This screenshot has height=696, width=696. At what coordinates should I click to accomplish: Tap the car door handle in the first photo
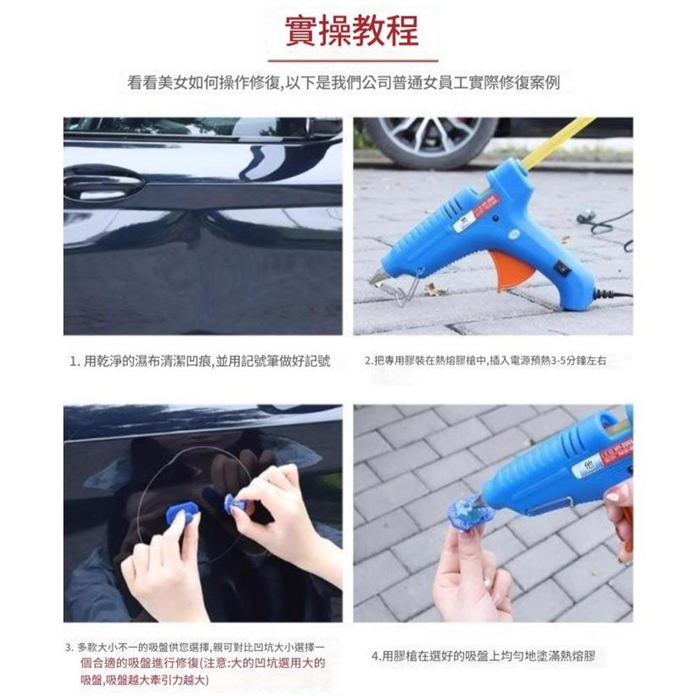104,186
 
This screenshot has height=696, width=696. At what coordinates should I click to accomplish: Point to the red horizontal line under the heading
352,61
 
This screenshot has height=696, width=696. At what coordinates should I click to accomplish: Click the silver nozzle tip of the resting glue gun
376,278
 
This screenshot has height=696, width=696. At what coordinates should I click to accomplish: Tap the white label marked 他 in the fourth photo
592,467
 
